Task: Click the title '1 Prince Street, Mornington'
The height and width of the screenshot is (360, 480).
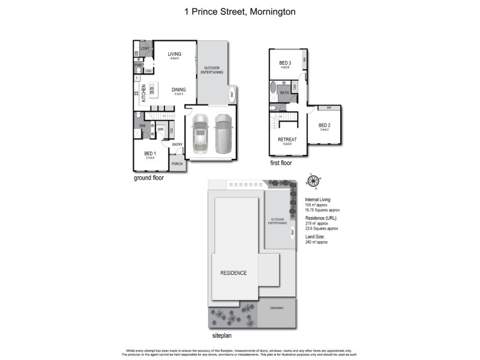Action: pos(239,11)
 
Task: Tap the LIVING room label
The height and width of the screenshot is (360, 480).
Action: pos(175,54)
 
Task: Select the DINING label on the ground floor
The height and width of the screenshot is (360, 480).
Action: pos(178,89)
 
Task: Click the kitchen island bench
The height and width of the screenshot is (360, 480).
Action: pos(152,92)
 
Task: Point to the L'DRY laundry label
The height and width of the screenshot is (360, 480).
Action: pos(145,48)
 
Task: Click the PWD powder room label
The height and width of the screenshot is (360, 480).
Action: pos(138,65)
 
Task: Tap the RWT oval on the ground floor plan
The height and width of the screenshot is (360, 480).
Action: pos(233,94)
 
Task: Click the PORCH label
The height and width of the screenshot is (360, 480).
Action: pos(177,164)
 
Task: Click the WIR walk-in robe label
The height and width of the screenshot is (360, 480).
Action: pos(161,129)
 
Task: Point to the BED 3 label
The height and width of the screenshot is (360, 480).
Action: pos(285,63)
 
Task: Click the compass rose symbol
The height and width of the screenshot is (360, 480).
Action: pos(313,181)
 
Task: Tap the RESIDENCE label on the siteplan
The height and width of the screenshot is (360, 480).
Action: pos(233,272)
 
